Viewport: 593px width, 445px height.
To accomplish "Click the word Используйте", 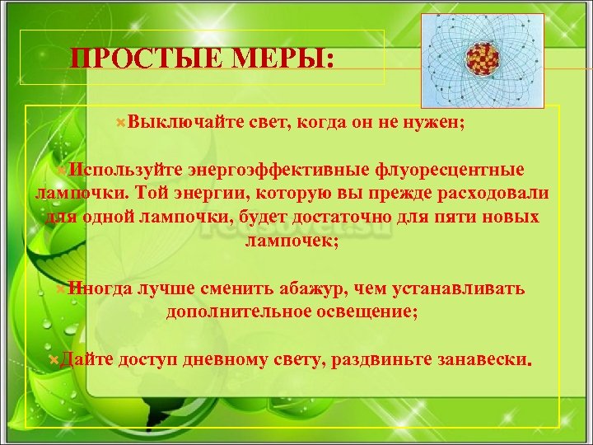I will coord(128,170).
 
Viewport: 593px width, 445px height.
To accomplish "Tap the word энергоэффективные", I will coord(280,170).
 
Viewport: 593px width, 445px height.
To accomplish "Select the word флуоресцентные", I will coord(449,170).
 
